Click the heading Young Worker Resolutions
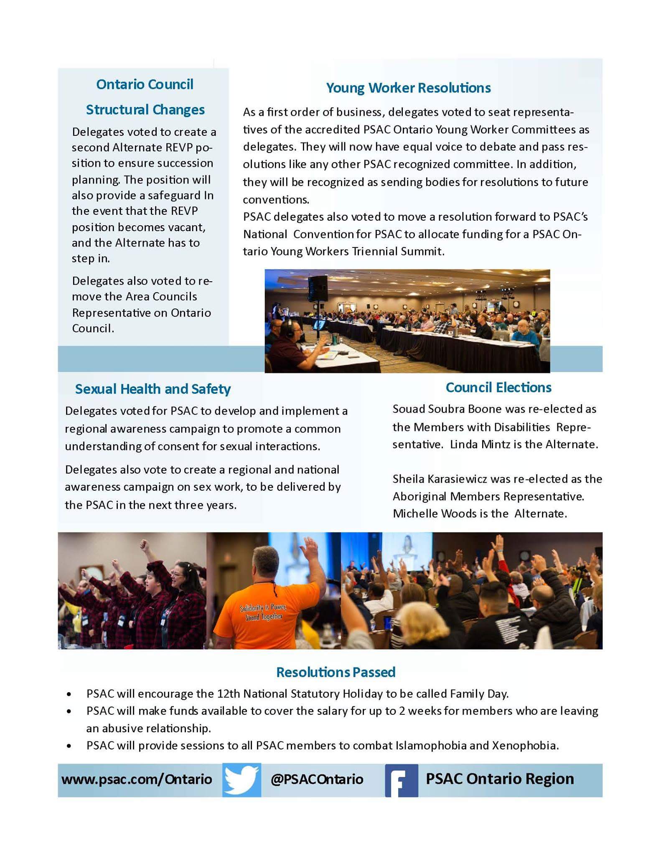tap(408, 88)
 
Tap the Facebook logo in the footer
tap(401, 780)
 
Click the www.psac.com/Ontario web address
tap(137, 779)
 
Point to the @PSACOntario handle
tap(317, 779)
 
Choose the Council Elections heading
tap(498, 387)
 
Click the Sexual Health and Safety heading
tap(153, 389)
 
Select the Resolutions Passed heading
tap(336, 672)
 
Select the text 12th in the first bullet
tap(228, 694)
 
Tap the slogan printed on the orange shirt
tap(263, 612)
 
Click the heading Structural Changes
tap(145, 110)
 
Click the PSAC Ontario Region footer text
tap(500, 779)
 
